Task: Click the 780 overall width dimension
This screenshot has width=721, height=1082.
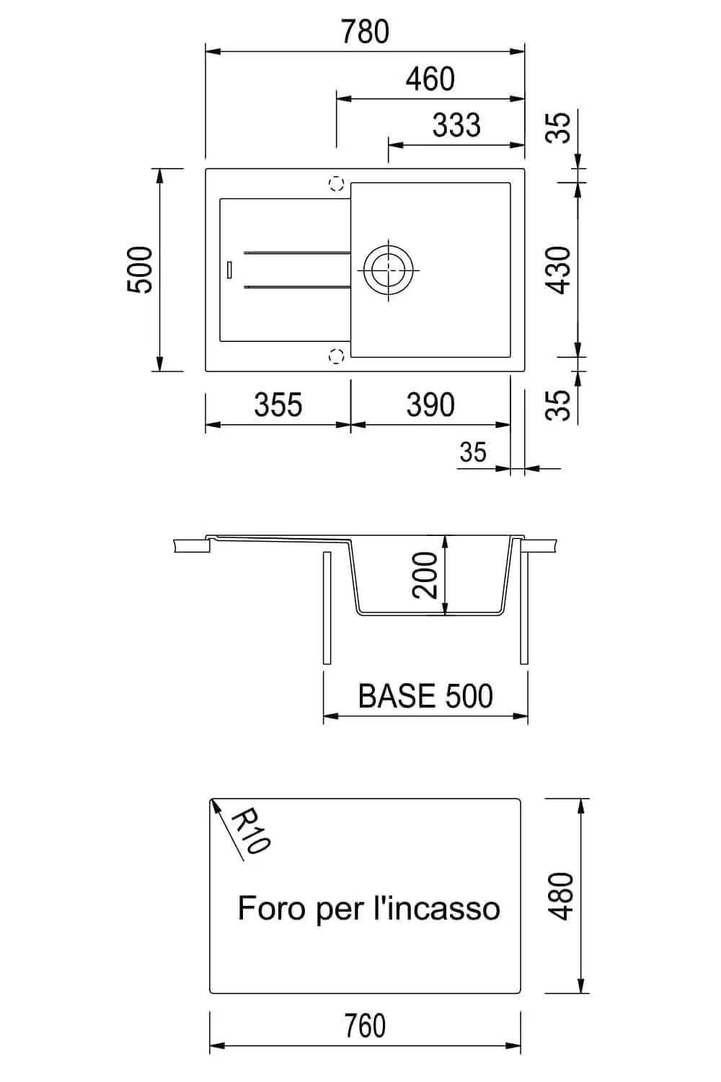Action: coord(365,32)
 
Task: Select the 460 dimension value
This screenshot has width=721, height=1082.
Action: coord(430,79)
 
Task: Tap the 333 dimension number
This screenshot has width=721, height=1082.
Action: coord(456,125)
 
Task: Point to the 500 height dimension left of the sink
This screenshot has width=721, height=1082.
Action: coord(139,270)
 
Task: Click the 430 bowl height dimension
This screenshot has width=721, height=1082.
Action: coord(558,270)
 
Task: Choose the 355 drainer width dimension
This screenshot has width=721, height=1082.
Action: coord(278,405)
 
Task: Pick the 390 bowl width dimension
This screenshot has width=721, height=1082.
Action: coord(430,405)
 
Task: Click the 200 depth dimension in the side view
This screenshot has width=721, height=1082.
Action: coord(425,576)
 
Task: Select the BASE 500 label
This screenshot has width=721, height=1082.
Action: coord(425,696)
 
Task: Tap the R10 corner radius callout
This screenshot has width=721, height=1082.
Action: coord(251,831)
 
